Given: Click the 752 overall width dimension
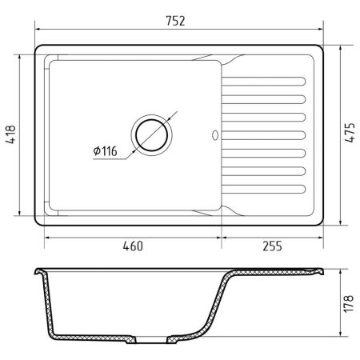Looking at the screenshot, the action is pyautogui.click(x=175, y=21).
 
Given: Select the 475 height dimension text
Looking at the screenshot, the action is pyautogui.click(x=350, y=133).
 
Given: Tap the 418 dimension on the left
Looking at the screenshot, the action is pyautogui.click(x=11, y=134).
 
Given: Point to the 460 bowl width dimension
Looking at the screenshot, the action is pyautogui.click(x=133, y=246).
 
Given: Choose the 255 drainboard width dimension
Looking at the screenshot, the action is pyautogui.click(x=272, y=246).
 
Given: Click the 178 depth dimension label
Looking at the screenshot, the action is pyautogui.click(x=349, y=303).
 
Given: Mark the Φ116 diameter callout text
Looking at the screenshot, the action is pyautogui.click(x=105, y=151).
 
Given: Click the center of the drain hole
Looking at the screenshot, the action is pyautogui.click(x=151, y=135).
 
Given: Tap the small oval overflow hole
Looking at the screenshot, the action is pyautogui.click(x=215, y=135).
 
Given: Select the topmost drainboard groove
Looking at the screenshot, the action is pyautogui.click(x=263, y=82).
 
